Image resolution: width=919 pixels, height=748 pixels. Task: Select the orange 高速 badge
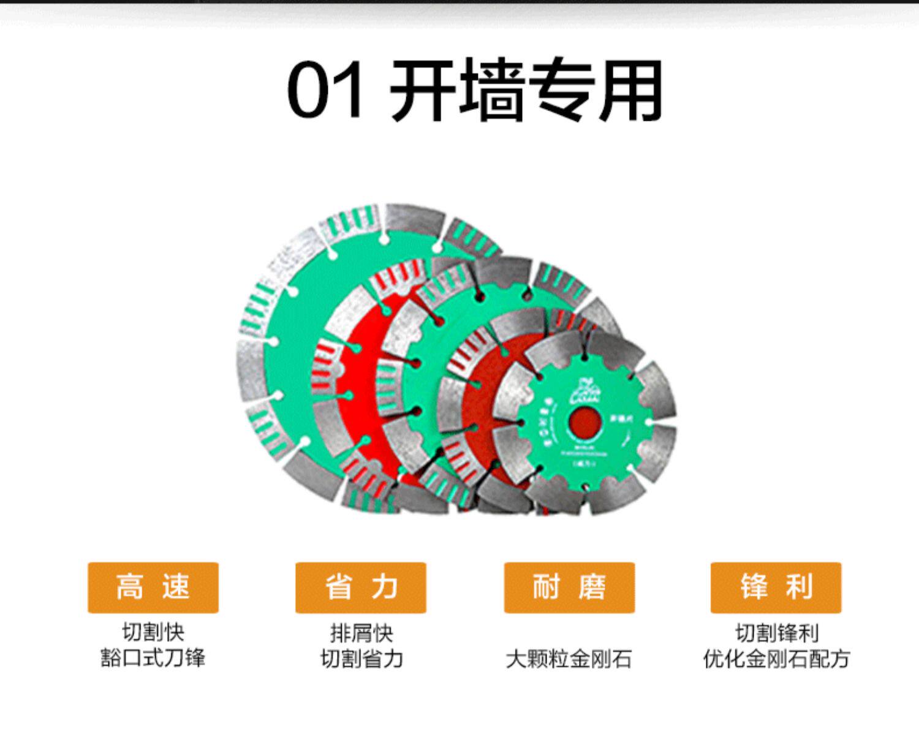pos(153,587)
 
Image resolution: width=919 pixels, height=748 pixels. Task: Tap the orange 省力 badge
pos(361,587)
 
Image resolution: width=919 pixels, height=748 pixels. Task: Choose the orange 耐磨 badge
pos(569,587)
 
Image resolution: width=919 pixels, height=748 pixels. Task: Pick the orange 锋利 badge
pos(776,587)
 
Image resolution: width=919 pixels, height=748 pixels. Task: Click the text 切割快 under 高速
pos(153,632)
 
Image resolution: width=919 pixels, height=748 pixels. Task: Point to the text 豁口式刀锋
pos(153,659)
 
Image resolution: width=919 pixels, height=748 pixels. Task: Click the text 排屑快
pos(361,632)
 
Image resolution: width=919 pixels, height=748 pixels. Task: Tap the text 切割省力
pos(361,659)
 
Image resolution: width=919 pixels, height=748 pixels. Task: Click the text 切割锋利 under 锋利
pos(776,632)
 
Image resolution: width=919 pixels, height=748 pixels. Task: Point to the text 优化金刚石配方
pos(776,659)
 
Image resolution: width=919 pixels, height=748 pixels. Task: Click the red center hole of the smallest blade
pos(585,423)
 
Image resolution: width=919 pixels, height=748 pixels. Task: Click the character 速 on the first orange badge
pos(176,587)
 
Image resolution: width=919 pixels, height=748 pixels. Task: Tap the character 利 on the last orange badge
pos(799,587)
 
